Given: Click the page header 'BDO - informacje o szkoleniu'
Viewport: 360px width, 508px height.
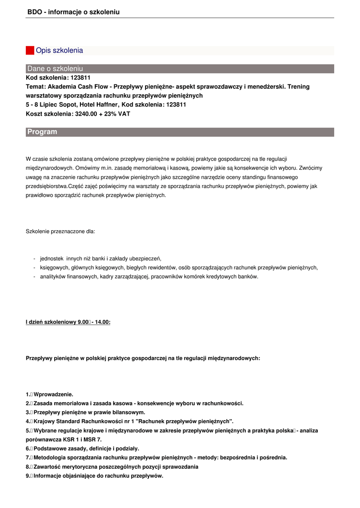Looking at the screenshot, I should pos(73,12).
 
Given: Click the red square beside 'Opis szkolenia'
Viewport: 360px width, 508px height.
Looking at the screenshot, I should pos(30,51).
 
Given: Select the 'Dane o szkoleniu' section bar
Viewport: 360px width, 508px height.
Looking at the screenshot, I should pos(180,68).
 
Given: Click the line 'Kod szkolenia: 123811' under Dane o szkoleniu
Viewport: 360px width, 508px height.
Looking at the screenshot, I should pos(58,78).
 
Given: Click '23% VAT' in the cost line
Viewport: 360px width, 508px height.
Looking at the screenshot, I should pos(120,114).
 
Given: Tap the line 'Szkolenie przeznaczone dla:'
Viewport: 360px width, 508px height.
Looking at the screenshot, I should pos(60,231).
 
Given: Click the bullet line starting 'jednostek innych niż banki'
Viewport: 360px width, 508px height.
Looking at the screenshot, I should pos(101,258).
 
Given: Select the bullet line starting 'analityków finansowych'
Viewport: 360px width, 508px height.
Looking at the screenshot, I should pos(149,276).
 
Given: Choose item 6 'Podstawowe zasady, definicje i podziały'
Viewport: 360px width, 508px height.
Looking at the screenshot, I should pos(82,448).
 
